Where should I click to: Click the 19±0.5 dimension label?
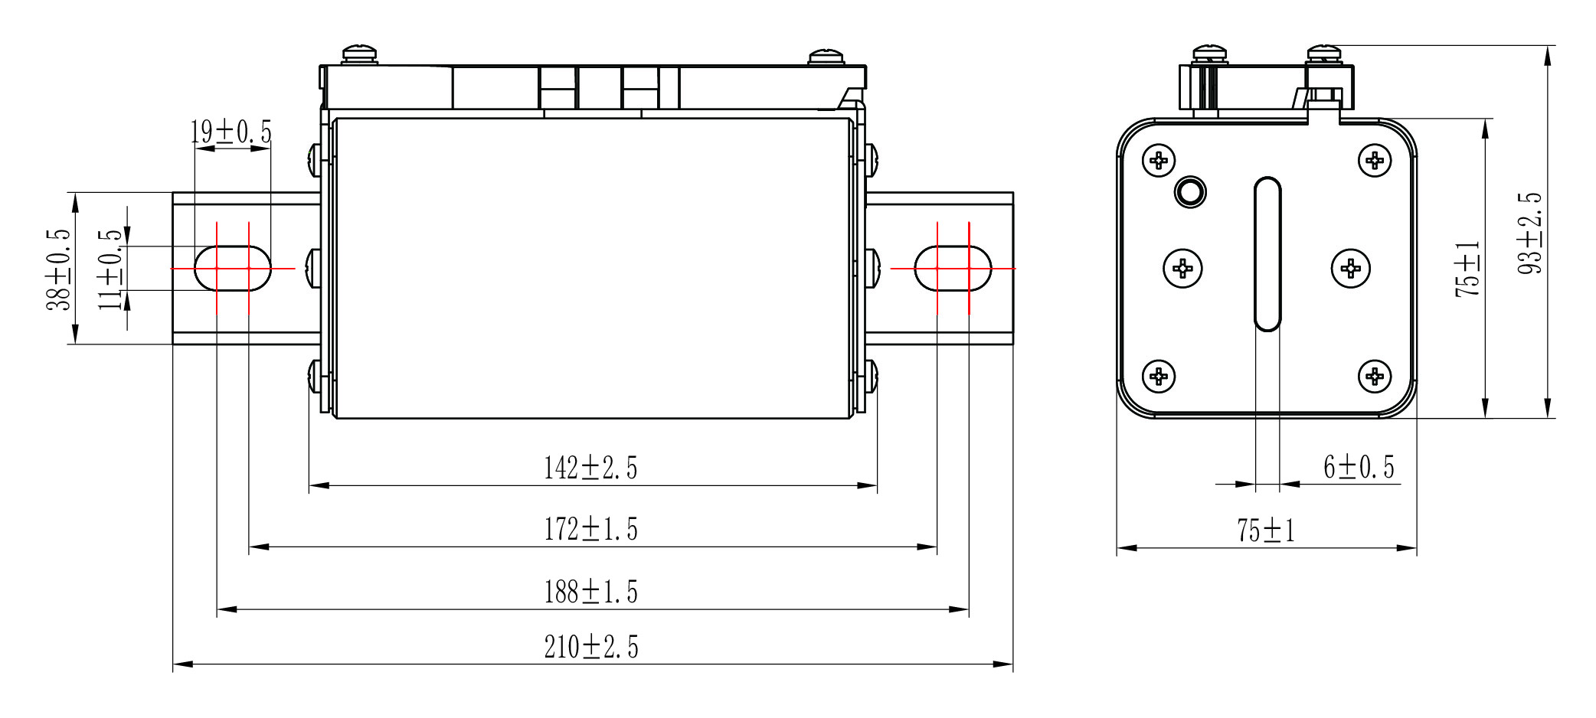click(231, 132)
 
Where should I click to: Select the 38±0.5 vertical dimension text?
click(60, 269)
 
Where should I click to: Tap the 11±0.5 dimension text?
click(111, 269)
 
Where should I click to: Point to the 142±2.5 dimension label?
click(590, 468)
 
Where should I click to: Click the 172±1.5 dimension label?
click(590, 530)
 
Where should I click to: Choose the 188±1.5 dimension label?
click(590, 592)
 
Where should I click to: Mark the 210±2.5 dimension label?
click(590, 648)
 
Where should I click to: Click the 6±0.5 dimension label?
click(1359, 467)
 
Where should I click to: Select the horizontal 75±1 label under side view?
click(1266, 530)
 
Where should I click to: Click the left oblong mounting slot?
click(232, 269)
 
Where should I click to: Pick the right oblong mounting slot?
click(953, 269)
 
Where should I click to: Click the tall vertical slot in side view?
click(1267, 254)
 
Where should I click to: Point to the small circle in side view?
click(1189, 191)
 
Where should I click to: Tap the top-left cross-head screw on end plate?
click(1159, 161)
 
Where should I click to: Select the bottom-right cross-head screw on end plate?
click(1375, 376)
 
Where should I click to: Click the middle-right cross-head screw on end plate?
click(1351, 268)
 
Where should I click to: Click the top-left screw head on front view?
click(360, 54)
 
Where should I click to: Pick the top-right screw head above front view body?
click(826, 57)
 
